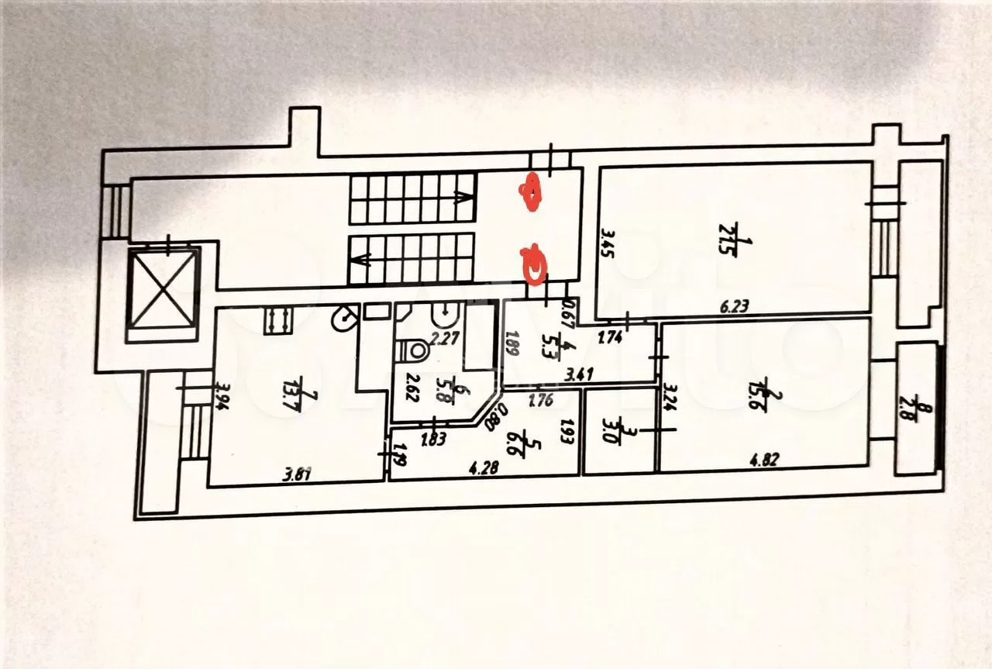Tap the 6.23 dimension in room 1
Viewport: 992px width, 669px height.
click(x=736, y=306)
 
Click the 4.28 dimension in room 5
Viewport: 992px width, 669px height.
click(x=484, y=467)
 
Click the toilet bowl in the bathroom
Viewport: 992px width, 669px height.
click(x=413, y=351)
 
